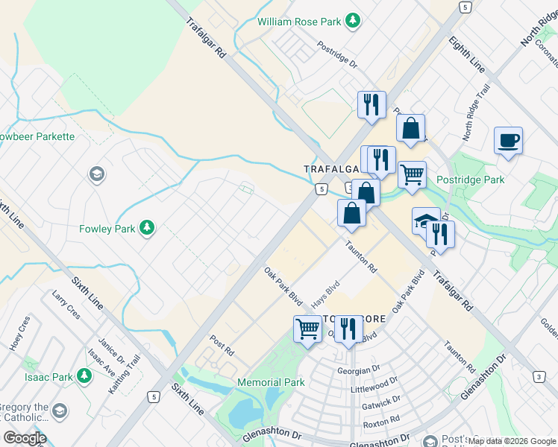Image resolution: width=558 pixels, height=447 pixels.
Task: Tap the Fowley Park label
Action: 107,229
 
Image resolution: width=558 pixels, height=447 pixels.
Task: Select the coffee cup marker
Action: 508,140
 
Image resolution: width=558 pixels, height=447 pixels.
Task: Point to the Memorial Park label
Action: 271,383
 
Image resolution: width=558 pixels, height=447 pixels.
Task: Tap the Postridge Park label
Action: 471,180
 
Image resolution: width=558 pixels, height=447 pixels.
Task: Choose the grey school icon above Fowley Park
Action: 95,174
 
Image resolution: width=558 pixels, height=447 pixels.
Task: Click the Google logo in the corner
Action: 24,438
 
